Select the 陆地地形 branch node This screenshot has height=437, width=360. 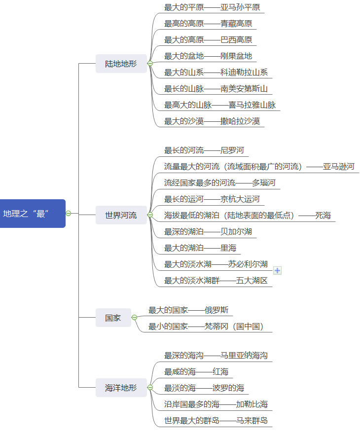coord(121,64)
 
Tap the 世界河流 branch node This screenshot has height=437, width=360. coord(121,215)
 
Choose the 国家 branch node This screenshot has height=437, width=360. coord(113,318)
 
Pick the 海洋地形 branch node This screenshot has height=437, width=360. coord(121,388)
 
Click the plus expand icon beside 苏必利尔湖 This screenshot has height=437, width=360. coord(277,270)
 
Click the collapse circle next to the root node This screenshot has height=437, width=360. coord(69,214)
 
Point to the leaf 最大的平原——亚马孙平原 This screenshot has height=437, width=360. coord(212,7)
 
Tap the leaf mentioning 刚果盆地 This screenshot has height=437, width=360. coord(208,56)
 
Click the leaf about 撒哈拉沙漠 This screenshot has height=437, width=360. coord(212,121)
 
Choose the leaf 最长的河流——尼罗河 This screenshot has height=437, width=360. coord(204,150)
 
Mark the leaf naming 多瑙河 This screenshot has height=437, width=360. coord(219,183)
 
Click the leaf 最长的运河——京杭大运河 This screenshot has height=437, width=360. coord(212,199)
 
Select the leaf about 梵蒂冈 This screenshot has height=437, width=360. coord(206,326)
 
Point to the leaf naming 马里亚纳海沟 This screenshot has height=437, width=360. coord(216,355)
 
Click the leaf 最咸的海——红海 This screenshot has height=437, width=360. coord(196,371)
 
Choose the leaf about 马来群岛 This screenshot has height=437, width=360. coord(216,421)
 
